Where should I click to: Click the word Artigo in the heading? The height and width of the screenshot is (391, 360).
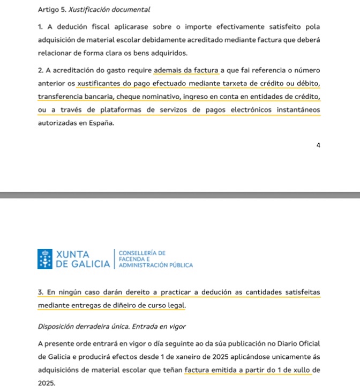click(49, 10)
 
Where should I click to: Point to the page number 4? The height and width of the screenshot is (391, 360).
click(318, 145)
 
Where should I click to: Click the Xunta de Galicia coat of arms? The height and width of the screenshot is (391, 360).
click(45, 259)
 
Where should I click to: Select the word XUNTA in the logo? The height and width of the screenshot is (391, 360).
click(73, 254)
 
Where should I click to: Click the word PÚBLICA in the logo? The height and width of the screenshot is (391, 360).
click(181, 265)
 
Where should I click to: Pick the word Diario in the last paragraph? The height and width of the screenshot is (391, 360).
click(269, 343)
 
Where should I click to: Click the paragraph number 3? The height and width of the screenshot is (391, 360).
click(41, 292)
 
